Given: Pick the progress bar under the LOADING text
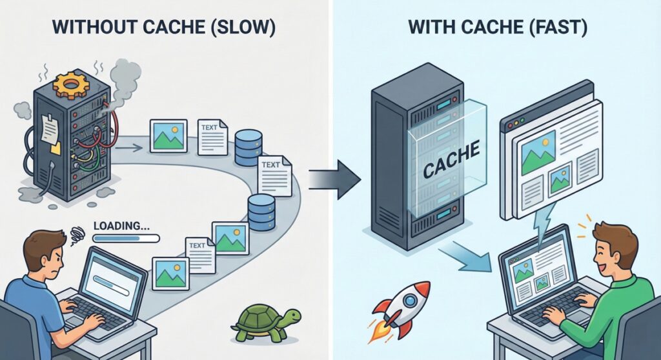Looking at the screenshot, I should point(126,238).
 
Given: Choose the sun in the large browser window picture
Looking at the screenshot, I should point(547,138).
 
